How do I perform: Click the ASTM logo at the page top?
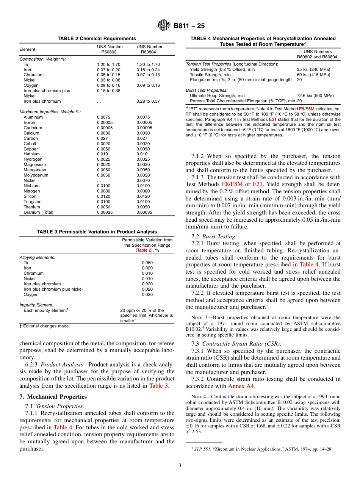(164, 26)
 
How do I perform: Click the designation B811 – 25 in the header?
(189, 26)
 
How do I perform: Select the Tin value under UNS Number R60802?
(108, 64)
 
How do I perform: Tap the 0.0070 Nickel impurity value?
(143, 180)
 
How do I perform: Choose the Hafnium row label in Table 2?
(33, 154)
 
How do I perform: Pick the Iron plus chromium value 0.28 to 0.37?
(148, 101)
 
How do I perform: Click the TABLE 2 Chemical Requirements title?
(97, 39)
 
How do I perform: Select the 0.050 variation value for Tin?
(147, 263)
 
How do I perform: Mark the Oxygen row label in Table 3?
(31, 294)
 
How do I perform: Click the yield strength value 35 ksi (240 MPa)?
(313, 69)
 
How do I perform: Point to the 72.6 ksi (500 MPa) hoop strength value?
(315, 96)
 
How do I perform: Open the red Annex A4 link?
(241, 386)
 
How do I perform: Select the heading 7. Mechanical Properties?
(53, 397)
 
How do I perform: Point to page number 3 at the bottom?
(180, 466)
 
